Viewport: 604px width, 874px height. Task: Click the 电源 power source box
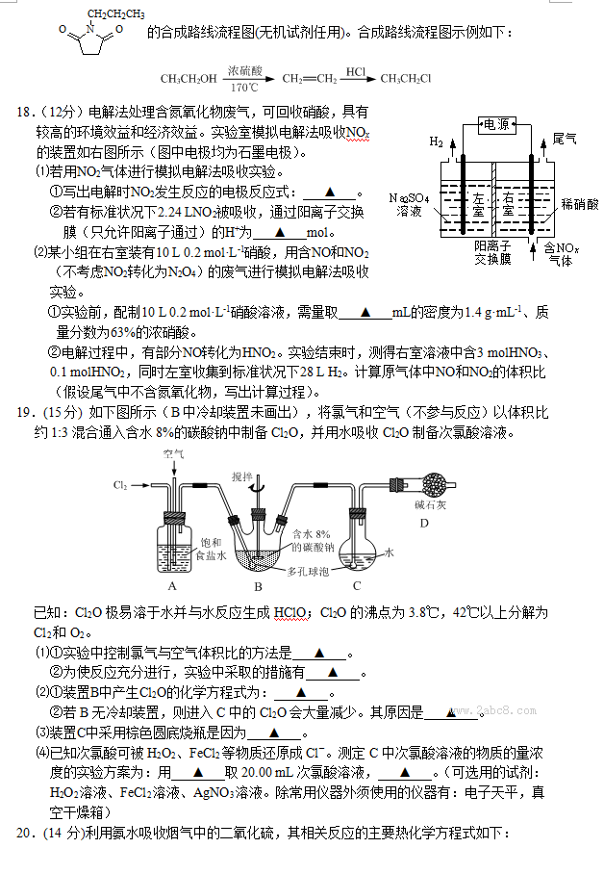click(495, 124)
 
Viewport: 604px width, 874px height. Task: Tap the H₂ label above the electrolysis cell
click(438, 141)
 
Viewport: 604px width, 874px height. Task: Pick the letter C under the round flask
click(356, 584)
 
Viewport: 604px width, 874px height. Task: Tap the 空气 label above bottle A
click(173, 452)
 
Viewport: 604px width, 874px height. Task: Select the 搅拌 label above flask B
click(241, 476)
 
